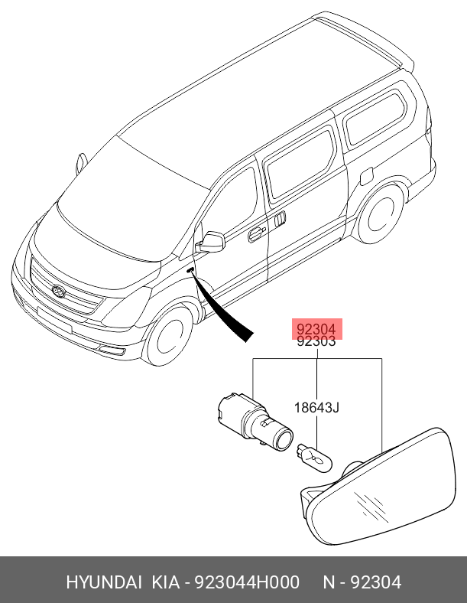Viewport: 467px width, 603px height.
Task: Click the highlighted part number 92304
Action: point(316,328)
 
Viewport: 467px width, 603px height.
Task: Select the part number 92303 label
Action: point(316,342)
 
